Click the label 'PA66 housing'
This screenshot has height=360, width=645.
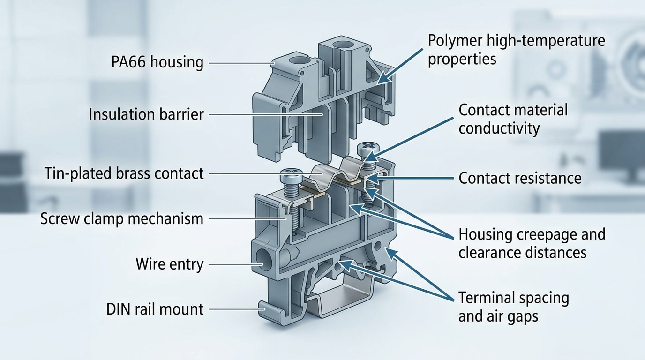pyautogui.click(x=157, y=62)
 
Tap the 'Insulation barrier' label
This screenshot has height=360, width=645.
pyautogui.click(x=146, y=114)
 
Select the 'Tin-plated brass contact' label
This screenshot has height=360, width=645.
pyautogui.click(x=125, y=173)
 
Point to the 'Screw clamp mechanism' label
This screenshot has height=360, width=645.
pyautogui.click(x=122, y=219)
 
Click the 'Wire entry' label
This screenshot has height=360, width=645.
pyautogui.click(x=169, y=264)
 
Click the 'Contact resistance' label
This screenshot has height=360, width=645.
pyautogui.click(x=520, y=178)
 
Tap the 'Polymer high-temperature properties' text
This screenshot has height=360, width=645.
pyautogui.click(x=516, y=50)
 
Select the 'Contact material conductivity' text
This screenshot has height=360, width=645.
pyautogui.click(x=513, y=119)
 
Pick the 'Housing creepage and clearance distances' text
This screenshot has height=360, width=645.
pyautogui.click(x=532, y=243)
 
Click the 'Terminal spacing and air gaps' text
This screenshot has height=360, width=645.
pyautogui.click(x=513, y=307)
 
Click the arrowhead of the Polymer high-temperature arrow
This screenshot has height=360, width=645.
pyautogui.click(x=382, y=81)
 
